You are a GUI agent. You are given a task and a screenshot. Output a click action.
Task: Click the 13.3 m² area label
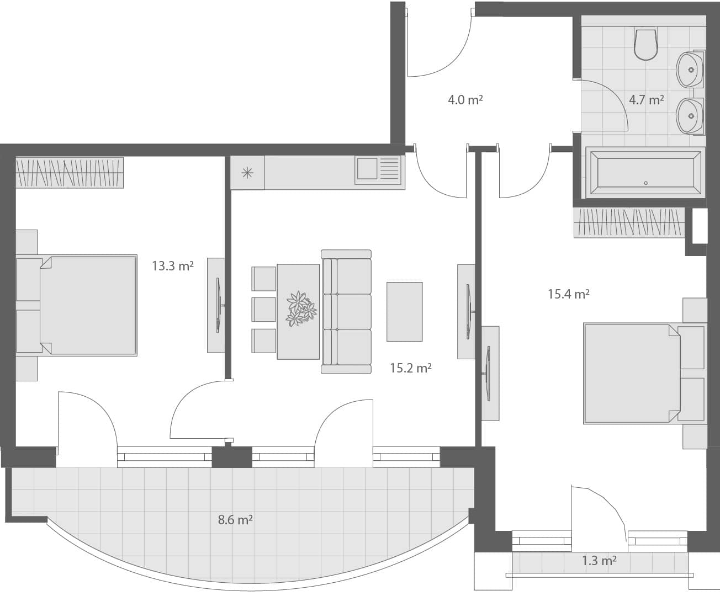coord(173,266)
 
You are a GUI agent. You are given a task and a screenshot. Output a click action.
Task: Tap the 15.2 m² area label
coord(411,368)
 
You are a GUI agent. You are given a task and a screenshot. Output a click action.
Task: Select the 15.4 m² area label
coord(569,294)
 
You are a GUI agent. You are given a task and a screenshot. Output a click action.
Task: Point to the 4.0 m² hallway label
coord(465,100)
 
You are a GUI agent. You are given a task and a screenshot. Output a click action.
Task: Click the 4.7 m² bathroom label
coord(647,100)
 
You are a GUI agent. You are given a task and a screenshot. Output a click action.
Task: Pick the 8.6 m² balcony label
coord(235,519)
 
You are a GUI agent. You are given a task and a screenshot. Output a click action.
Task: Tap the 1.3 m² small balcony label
coord(599,561)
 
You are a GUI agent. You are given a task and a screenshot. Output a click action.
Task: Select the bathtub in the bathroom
coord(645,173)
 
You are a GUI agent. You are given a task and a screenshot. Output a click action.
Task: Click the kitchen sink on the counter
coord(378,170)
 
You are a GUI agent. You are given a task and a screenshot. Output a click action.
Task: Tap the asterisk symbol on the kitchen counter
coord(247,173)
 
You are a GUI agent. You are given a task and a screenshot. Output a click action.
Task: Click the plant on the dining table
coord(301,308)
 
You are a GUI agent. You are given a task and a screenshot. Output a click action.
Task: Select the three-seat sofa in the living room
coord(346,312)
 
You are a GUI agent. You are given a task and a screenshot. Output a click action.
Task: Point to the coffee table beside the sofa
coord(405,312)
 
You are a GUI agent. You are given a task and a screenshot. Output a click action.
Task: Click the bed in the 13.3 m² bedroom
coord(77,305)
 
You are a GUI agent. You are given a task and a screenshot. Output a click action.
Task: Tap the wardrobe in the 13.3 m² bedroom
coord(70,173)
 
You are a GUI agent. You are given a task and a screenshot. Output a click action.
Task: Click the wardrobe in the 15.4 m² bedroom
coord(629,223)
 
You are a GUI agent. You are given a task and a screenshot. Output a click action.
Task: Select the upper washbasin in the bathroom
coord(690,70)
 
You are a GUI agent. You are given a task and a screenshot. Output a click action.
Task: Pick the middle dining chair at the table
coord(264,310)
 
